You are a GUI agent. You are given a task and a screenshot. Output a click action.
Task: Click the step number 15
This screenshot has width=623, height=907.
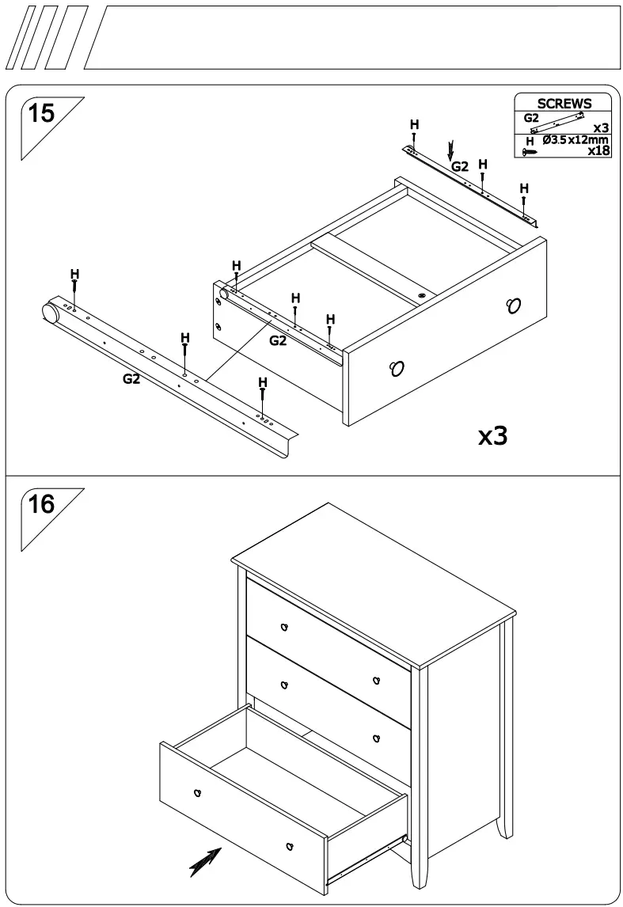tap(41, 114)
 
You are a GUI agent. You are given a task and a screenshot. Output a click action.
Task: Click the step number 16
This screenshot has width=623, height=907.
tap(41, 504)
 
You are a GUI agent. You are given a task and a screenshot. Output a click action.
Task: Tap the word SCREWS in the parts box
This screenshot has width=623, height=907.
tap(564, 104)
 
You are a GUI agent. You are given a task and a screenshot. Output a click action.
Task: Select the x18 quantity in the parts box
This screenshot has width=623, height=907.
tap(598, 151)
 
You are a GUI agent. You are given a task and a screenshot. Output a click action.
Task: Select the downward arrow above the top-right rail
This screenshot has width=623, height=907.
tap(451, 149)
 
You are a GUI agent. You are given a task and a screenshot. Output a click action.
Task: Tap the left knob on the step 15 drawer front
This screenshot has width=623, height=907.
tap(397, 367)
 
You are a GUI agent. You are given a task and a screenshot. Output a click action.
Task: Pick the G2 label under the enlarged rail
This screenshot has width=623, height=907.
tap(131, 379)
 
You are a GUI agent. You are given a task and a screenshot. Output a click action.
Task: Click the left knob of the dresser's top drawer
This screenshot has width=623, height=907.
tap(283, 627)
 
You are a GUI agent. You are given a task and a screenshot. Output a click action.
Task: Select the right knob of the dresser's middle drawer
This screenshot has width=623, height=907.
tap(377, 738)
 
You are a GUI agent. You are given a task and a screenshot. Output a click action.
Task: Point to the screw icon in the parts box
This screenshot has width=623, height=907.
tap(529, 151)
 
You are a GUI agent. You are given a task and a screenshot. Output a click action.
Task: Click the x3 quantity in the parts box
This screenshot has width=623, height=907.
tap(601, 127)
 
